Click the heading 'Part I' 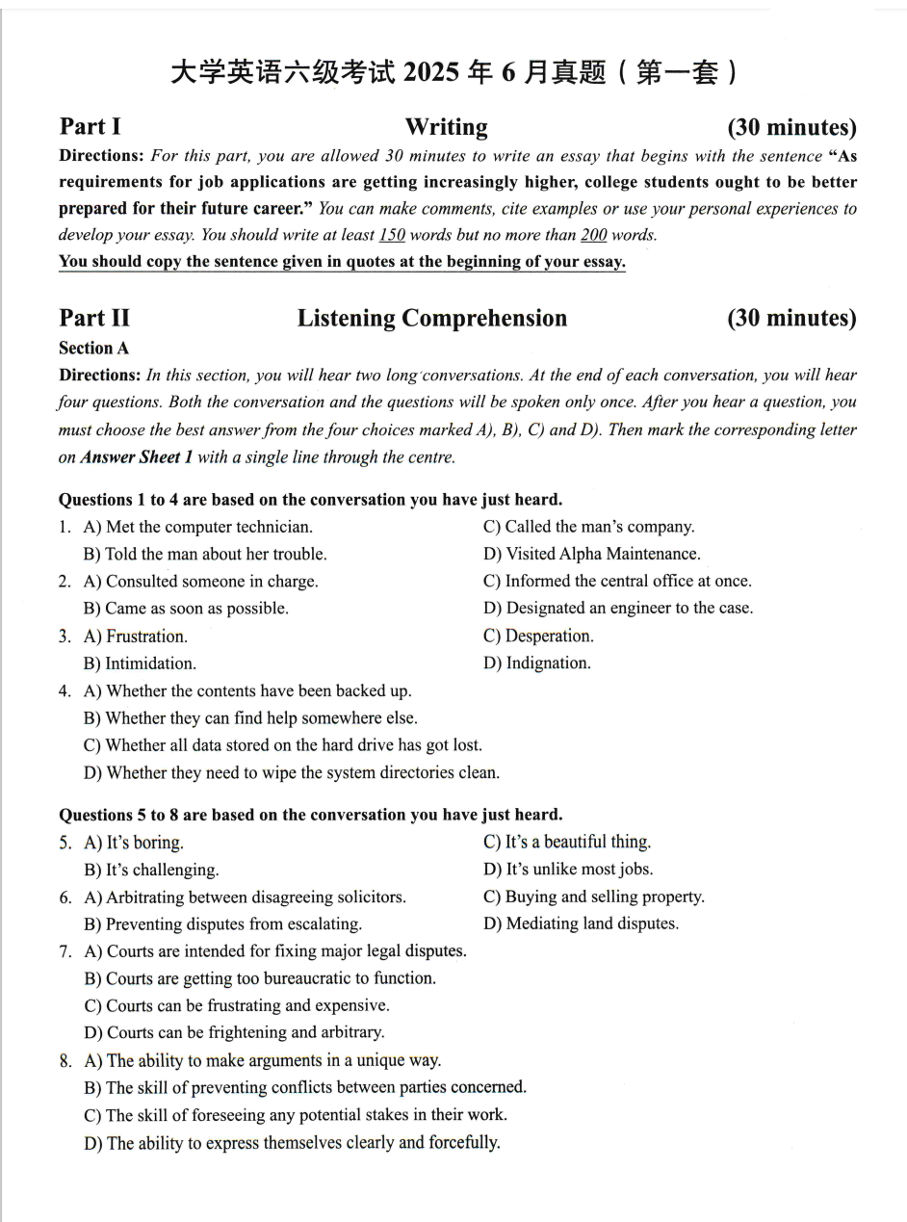click(90, 127)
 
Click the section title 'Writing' click(446, 127)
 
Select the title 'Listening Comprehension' click(431, 319)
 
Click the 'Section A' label click(93, 349)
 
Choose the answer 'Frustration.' click(146, 637)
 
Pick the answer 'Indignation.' click(548, 663)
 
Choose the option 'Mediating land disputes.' click(592, 923)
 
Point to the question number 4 click(65, 690)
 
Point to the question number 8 click(65, 1060)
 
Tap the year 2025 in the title click(435, 73)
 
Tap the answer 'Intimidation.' click(150, 663)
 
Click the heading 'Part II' click(93, 319)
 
